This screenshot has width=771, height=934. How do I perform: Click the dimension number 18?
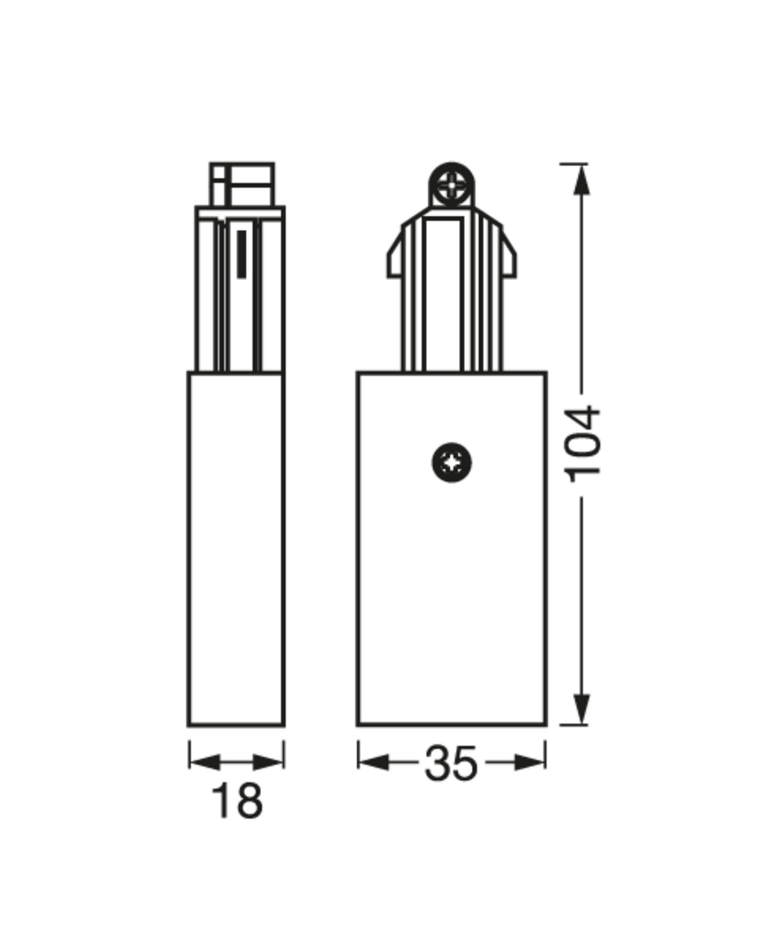(x=237, y=801)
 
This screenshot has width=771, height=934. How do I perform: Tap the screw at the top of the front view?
(x=451, y=186)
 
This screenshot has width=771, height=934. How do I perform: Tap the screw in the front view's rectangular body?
(x=451, y=462)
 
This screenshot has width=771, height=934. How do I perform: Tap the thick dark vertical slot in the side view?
(x=241, y=254)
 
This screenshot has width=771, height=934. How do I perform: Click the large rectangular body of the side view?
(x=236, y=549)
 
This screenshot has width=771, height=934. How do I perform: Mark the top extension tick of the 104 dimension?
(x=573, y=163)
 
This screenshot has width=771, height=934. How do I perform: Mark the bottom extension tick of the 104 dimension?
(x=573, y=725)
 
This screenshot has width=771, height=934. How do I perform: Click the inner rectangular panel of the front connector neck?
(x=444, y=295)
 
